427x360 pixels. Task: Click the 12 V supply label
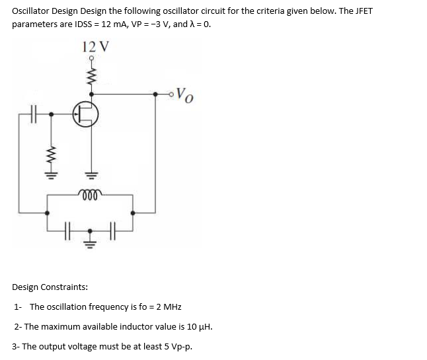pyautogui.click(x=96, y=47)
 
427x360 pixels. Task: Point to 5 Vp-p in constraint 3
pyautogui.click(x=175, y=346)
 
